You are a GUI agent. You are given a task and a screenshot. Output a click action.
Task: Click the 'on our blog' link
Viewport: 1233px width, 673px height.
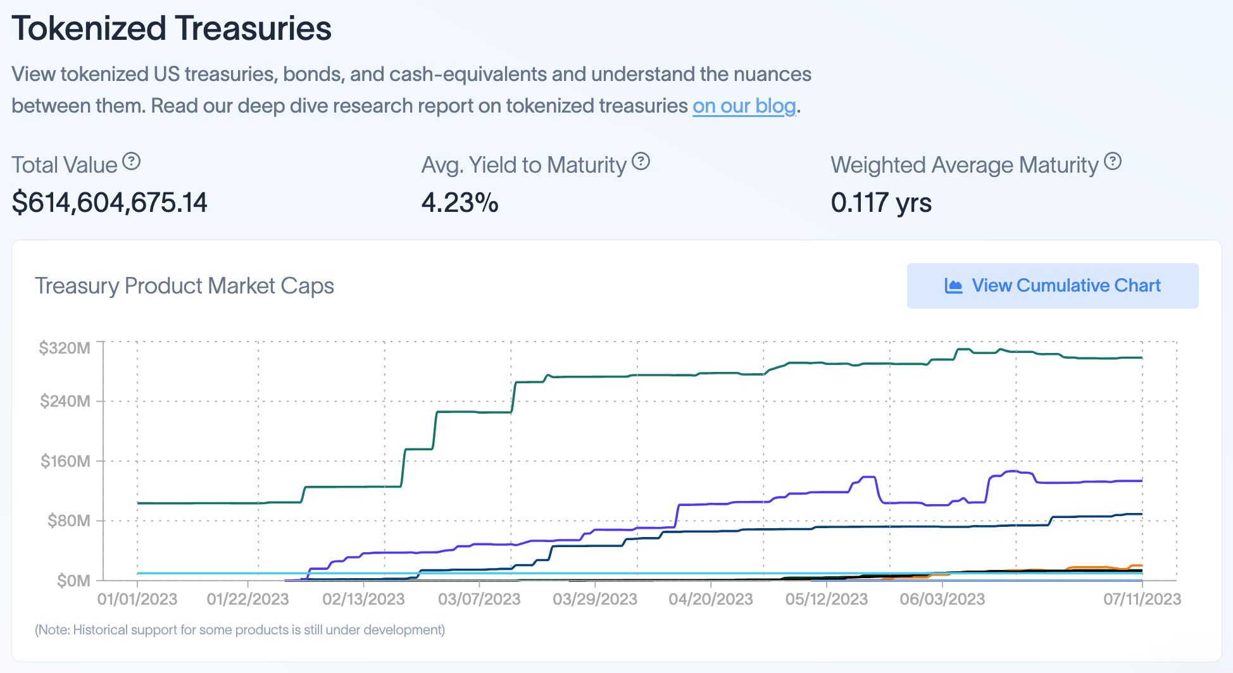(744, 106)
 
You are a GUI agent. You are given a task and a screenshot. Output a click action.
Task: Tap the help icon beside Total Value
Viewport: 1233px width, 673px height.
(131, 162)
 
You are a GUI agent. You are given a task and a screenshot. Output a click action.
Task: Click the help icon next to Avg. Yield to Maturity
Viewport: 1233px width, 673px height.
(641, 162)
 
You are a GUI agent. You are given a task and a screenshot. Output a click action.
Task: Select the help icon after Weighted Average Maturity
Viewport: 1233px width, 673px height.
(1113, 162)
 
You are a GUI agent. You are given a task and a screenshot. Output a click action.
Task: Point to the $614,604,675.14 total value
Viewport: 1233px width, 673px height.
(110, 202)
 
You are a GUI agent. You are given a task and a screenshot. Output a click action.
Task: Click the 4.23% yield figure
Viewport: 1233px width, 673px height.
(460, 202)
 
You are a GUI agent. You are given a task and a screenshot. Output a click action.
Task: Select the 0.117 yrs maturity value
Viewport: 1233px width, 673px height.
(881, 202)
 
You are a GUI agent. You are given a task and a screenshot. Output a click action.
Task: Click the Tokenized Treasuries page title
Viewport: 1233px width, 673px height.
(172, 28)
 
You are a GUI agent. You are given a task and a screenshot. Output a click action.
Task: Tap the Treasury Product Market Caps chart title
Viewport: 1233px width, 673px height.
(184, 286)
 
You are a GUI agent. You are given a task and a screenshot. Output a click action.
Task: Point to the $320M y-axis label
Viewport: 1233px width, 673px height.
(65, 348)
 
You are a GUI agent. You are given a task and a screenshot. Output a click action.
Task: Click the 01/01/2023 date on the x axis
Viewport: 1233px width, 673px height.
(137, 599)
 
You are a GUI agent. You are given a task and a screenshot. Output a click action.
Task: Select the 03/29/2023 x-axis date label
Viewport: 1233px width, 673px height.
(595, 599)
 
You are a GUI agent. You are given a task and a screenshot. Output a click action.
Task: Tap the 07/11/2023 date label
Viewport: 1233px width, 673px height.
(1142, 599)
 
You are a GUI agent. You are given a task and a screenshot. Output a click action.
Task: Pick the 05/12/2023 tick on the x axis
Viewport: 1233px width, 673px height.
(826, 599)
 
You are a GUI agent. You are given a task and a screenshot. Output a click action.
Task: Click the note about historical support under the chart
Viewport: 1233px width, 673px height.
(240, 630)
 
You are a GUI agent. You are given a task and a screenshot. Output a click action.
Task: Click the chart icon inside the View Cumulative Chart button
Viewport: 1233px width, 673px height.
(953, 286)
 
